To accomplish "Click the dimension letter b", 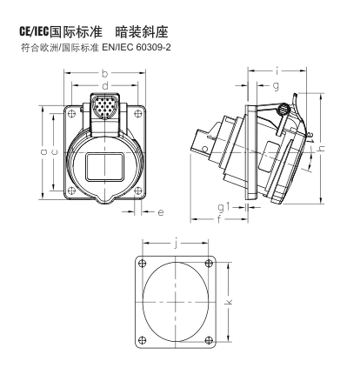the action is [x=104, y=74].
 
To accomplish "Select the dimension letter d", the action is [x=105, y=85].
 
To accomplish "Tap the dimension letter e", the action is [x=161, y=212].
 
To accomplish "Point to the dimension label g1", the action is [x=224, y=207].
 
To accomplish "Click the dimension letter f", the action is [x=219, y=219].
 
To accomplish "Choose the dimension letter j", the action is [x=176, y=244].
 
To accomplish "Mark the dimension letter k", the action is [x=229, y=302].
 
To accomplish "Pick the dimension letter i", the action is [x=277, y=70].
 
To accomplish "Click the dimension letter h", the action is [x=322, y=148].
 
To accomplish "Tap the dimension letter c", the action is [x=54, y=151].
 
